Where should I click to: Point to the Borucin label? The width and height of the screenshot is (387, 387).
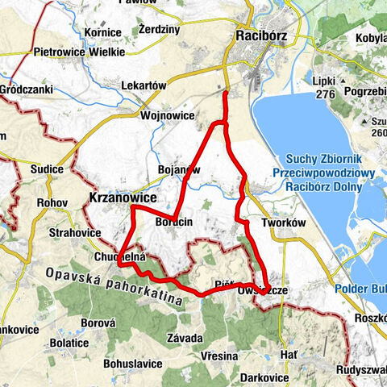[x=173, y=221]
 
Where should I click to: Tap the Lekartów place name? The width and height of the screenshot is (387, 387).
[x=142, y=85]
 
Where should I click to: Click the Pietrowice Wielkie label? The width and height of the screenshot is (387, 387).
[x=79, y=52]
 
